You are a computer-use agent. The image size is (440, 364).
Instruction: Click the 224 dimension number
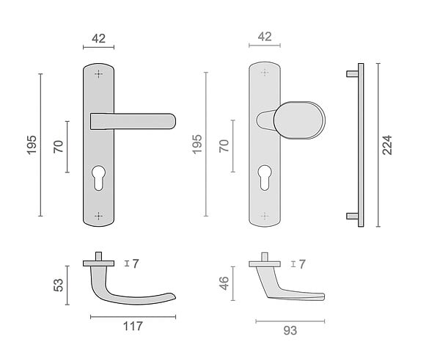(x=387, y=145)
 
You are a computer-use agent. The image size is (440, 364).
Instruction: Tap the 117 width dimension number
(x=133, y=326)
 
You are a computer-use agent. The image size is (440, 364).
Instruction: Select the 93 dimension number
(x=290, y=330)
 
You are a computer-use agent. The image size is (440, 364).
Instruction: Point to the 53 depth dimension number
(x=59, y=285)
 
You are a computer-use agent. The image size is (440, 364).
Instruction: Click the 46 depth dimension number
(x=224, y=283)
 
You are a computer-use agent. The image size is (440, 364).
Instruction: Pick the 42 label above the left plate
(x=98, y=38)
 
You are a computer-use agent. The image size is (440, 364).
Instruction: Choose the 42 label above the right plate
(x=265, y=37)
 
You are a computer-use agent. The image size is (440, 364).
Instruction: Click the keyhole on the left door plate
(x=98, y=178)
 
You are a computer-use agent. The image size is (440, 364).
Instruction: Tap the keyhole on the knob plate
(x=265, y=177)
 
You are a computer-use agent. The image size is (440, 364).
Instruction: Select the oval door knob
(x=299, y=120)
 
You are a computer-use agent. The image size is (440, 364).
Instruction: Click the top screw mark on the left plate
(x=98, y=74)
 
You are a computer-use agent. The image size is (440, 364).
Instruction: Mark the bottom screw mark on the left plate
(x=98, y=216)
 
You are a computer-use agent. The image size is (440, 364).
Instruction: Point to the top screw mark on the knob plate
(x=265, y=73)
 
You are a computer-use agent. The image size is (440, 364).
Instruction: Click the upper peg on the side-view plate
(x=352, y=73)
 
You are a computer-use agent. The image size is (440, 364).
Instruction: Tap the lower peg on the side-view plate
(x=352, y=216)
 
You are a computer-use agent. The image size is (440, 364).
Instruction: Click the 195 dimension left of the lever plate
(x=32, y=145)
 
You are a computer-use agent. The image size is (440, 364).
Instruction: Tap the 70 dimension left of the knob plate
(x=224, y=146)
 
